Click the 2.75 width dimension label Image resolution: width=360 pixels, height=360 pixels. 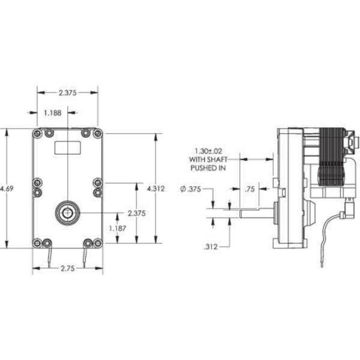[x=68, y=268]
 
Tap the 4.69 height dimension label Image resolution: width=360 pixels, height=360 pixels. [x=7, y=189]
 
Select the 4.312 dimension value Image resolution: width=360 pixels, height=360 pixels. [x=156, y=189]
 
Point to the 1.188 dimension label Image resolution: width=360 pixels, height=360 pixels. [x=52, y=113]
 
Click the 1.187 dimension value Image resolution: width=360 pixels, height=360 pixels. [x=118, y=228]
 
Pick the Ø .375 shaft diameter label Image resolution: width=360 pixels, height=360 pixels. [x=190, y=189]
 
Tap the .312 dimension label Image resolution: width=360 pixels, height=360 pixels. [x=210, y=247]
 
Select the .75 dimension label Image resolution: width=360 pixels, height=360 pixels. [x=250, y=189]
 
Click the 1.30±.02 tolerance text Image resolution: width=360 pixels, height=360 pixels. [x=208, y=151]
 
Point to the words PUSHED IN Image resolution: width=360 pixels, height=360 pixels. [x=208, y=168]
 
